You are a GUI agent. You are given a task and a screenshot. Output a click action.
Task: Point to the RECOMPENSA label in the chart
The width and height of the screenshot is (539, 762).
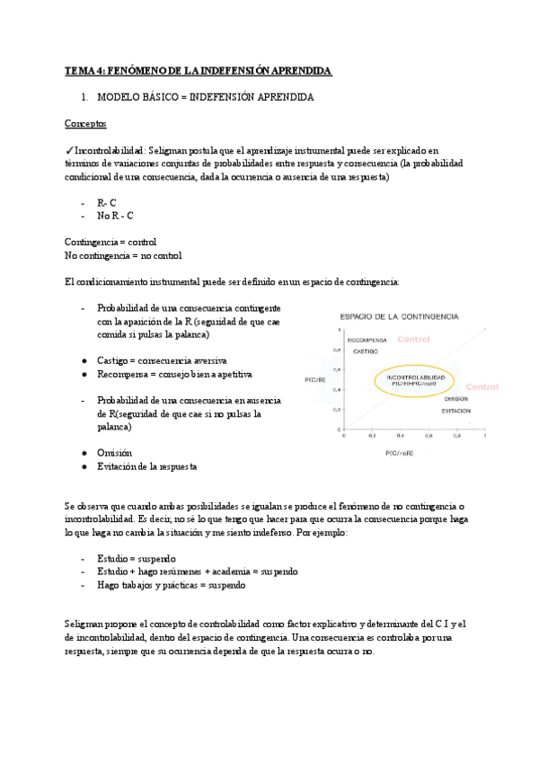(x=367, y=341)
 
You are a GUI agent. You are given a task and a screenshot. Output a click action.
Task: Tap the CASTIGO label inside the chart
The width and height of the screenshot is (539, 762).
(x=365, y=351)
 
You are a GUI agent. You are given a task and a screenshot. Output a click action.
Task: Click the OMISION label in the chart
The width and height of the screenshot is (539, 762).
(x=455, y=398)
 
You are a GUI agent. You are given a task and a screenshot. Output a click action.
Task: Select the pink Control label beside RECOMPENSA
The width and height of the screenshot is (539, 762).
(x=414, y=339)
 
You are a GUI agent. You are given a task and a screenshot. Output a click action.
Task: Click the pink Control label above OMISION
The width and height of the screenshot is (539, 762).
(x=482, y=386)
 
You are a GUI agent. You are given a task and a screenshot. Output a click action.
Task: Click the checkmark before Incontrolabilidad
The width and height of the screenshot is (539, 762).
(x=69, y=150)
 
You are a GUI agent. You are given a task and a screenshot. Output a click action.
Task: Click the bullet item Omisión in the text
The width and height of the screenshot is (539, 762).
(x=114, y=453)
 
